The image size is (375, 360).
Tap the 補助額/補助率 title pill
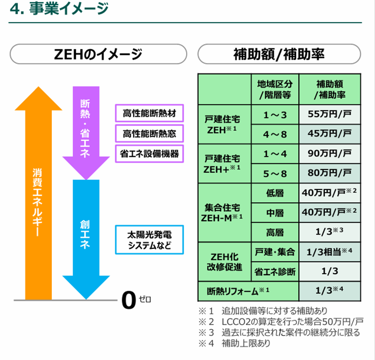point(279,53)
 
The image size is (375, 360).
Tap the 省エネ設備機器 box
point(149,154)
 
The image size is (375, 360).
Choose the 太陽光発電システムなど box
point(149,240)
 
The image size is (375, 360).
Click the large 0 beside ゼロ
point(128,300)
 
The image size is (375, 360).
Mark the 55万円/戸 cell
point(330,114)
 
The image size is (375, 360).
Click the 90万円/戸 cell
point(330,153)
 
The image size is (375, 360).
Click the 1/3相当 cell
point(330,251)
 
